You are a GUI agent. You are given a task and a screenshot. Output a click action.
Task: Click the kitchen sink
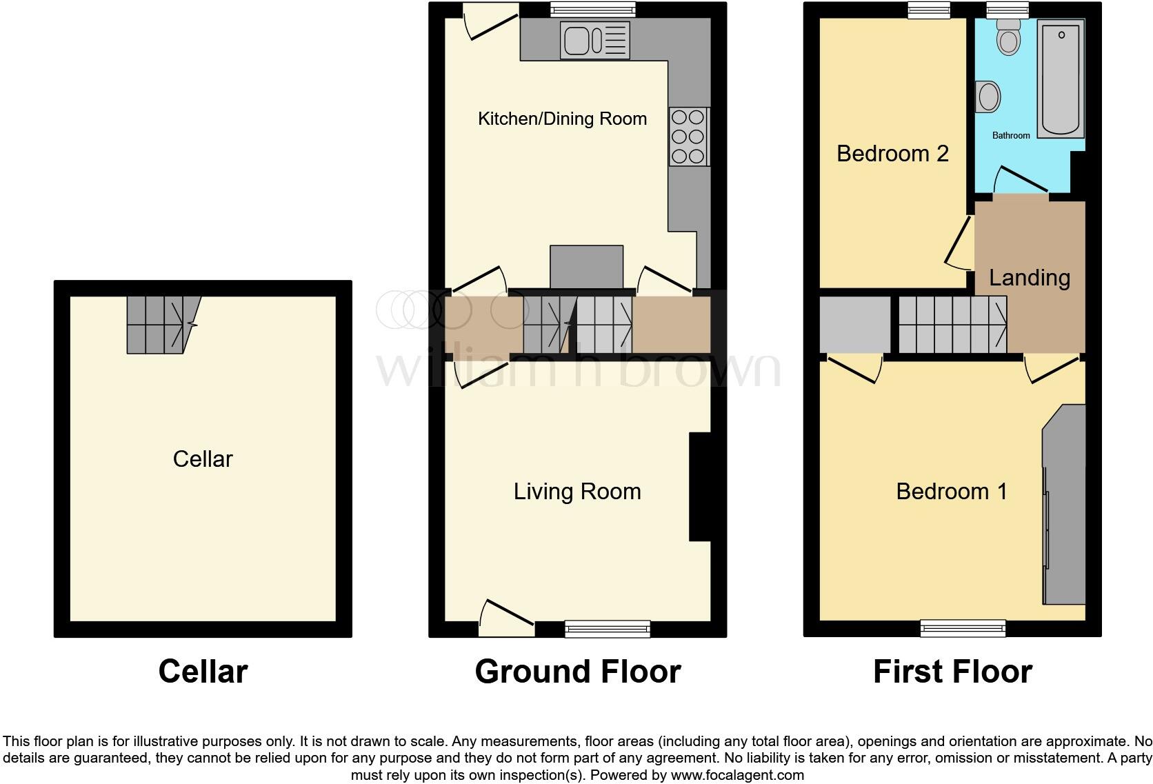pos(595,40)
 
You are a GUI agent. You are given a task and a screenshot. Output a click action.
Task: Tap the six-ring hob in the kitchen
pos(688,137)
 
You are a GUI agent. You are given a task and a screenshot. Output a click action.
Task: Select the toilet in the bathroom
pos(1008,36)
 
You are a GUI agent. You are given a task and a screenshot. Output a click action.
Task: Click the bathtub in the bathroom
pos(1061,77)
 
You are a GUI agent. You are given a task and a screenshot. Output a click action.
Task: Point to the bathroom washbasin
pos(988,97)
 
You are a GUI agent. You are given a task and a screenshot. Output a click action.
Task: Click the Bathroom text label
pos(1011,135)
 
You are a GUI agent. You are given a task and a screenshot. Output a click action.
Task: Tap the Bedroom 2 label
pos(892,153)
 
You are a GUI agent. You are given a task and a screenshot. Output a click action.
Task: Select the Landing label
pos(1030,278)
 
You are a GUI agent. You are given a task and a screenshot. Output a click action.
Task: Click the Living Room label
pos(577,492)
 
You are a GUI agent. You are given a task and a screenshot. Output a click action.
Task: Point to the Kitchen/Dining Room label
pos(562,119)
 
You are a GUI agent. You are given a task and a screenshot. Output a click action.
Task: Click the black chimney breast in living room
pos(699,487)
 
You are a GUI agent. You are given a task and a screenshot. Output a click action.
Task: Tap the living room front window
pos(607,627)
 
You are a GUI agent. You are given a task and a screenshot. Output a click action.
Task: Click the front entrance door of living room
pos(507,617)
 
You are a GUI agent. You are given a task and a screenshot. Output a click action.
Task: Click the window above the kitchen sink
pos(592,9)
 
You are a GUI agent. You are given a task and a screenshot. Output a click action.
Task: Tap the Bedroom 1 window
pos(963,627)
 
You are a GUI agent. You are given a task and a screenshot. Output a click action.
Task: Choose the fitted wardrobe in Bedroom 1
pos(1064,503)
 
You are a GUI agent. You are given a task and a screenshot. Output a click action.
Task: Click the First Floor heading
pos(952,672)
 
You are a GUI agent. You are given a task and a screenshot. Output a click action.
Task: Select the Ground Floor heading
pos(577,672)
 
